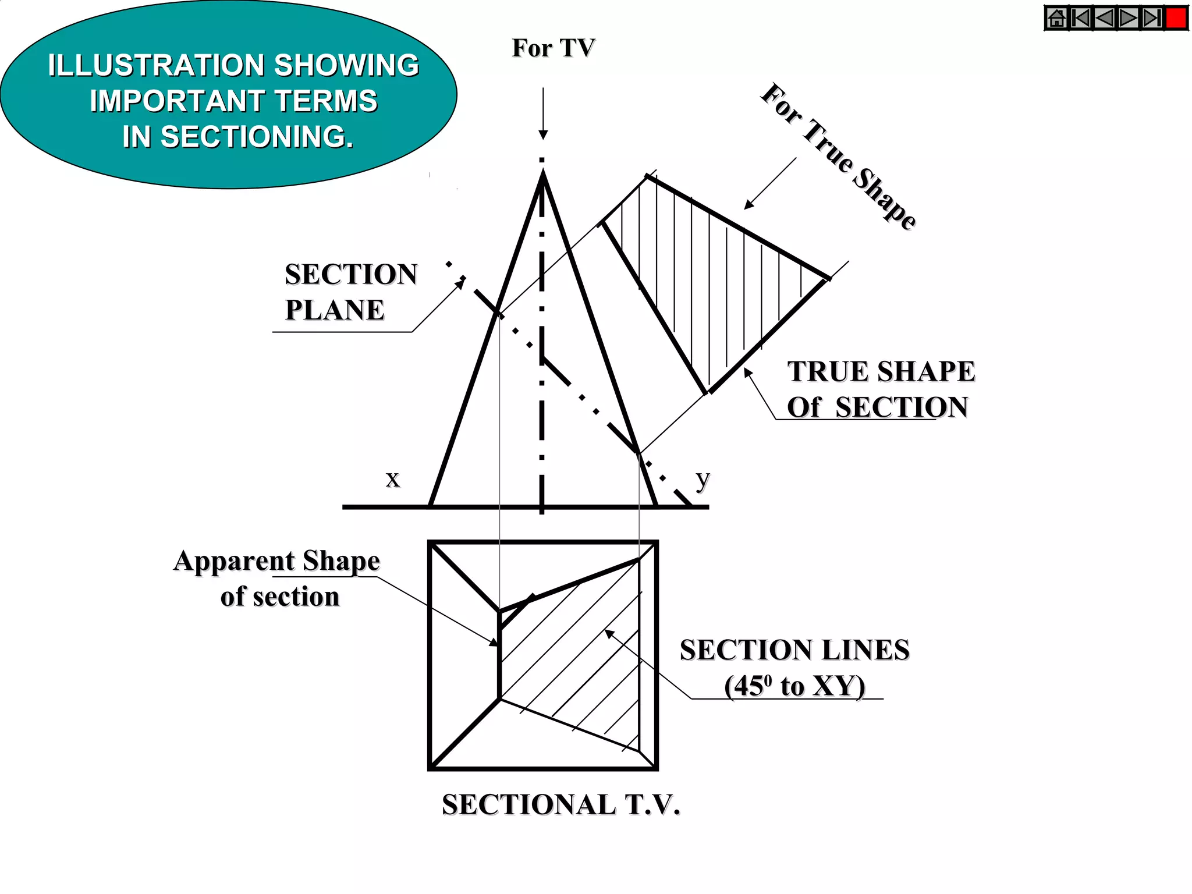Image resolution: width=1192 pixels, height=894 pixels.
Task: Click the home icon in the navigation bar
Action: click(x=1056, y=18)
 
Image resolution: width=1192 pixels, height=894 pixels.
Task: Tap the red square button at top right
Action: click(x=1176, y=18)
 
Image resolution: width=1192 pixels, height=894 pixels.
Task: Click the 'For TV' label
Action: click(x=553, y=48)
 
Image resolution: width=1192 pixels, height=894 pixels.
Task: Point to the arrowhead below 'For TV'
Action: click(x=543, y=134)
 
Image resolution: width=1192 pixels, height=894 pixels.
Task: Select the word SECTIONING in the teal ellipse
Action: click(x=256, y=137)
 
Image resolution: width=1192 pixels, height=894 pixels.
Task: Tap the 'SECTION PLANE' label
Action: click(x=350, y=292)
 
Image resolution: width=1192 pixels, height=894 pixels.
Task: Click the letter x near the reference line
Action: click(x=393, y=479)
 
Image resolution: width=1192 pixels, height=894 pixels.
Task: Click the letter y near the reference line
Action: click(x=703, y=479)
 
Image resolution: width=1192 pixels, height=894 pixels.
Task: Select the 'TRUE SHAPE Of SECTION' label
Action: click(x=880, y=389)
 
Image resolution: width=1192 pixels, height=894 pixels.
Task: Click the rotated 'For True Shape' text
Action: click(x=838, y=156)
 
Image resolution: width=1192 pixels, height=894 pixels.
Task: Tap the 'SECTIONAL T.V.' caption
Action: click(x=560, y=805)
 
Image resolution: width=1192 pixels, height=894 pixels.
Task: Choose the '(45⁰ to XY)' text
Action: click(x=794, y=686)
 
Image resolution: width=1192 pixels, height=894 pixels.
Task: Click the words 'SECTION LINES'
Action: click(x=794, y=650)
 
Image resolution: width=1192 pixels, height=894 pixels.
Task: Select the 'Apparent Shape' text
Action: click(x=276, y=561)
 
